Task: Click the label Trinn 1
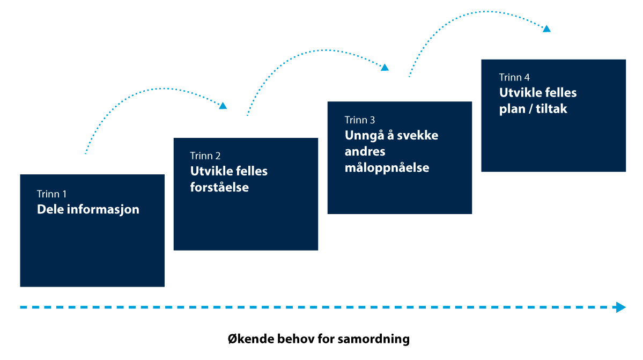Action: click(x=51, y=194)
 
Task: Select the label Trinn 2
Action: click(x=205, y=156)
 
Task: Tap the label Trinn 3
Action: click(x=360, y=120)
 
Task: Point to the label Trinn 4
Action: click(x=514, y=77)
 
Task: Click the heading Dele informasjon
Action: click(x=88, y=210)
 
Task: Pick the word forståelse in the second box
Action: click(x=219, y=187)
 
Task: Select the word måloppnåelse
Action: click(x=387, y=168)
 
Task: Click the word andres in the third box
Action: click(x=365, y=152)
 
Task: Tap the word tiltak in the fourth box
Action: click(x=551, y=109)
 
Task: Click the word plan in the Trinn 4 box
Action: click(x=512, y=109)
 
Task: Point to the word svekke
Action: click(x=417, y=135)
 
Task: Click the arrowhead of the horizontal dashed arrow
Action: click(x=621, y=307)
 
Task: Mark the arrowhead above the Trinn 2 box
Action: click(x=223, y=106)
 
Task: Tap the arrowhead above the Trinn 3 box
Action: click(x=385, y=67)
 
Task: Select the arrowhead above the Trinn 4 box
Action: click(x=546, y=28)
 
